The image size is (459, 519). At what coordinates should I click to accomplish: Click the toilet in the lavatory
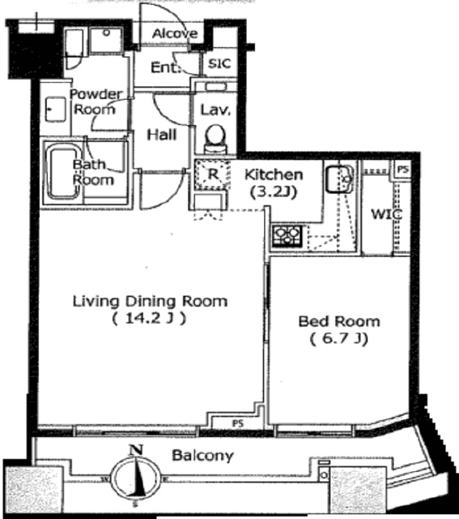(215, 139)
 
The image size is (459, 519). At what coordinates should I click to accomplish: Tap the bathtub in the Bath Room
(63, 172)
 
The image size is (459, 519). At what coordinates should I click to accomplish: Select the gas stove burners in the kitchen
(287, 235)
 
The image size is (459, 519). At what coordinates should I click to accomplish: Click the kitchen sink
(339, 179)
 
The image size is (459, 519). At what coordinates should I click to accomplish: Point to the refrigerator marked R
(212, 174)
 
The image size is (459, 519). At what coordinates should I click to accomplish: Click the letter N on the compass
(136, 450)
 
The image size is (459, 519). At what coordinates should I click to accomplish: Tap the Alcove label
(175, 33)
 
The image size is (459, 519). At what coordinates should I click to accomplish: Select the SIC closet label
(219, 63)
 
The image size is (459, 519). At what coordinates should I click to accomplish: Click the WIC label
(386, 214)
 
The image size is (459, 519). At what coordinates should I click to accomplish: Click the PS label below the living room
(238, 423)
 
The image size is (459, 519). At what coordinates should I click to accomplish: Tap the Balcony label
(202, 456)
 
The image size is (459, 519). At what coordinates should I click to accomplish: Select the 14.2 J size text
(149, 318)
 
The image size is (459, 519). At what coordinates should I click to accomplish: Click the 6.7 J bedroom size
(338, 339)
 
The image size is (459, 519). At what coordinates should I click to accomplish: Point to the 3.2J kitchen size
(274, 191)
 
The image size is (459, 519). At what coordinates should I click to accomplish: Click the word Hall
(162, 135)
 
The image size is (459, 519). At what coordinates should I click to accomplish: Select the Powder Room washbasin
(56, 109)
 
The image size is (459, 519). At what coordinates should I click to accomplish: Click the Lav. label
(215, 109)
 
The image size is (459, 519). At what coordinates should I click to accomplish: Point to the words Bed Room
(339, 321)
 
